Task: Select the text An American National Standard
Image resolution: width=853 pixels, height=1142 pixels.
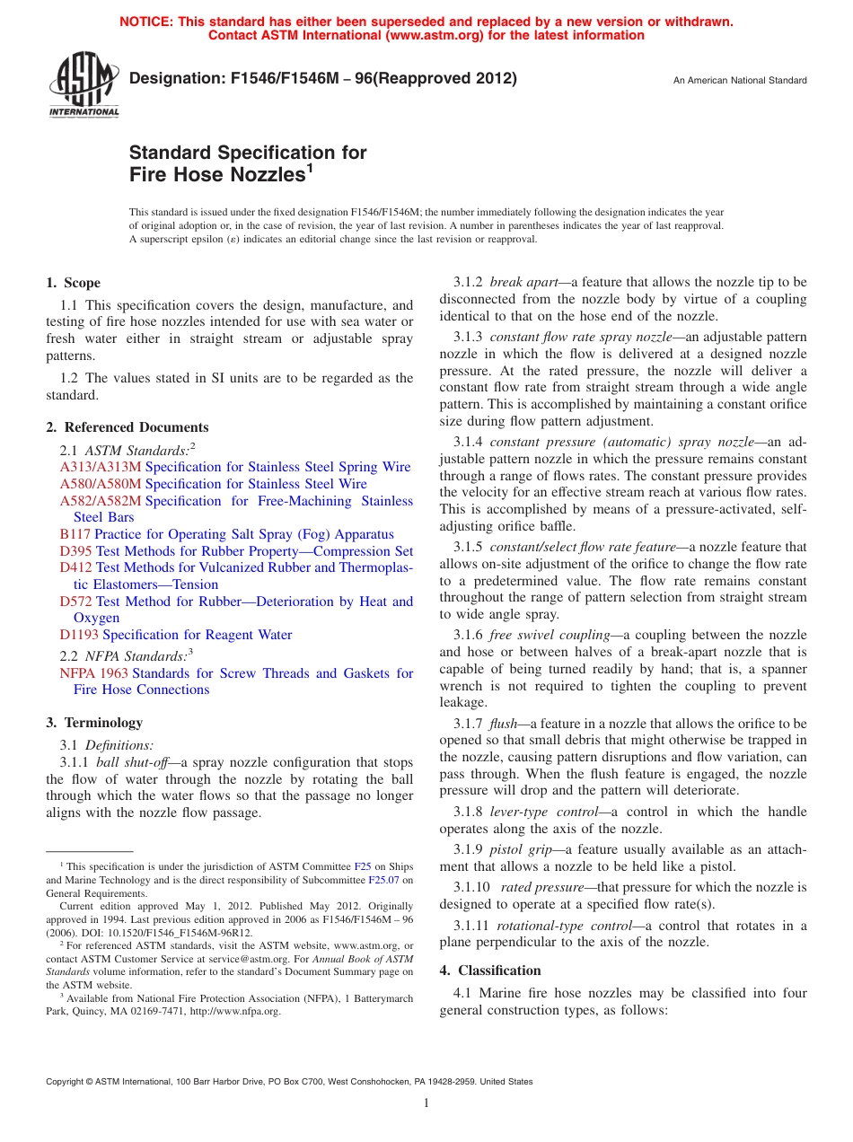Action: [x=740, y=81]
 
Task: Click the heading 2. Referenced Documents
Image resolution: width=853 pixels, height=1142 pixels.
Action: [x=127, y=427]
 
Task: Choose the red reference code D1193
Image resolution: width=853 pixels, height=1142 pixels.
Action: [x=79, y=635]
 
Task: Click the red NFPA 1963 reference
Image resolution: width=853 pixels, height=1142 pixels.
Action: [x=93, y=673]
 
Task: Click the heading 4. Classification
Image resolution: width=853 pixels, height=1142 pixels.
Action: [x=490, y=971]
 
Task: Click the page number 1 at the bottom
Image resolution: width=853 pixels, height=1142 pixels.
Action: [x=426, y=1103]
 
